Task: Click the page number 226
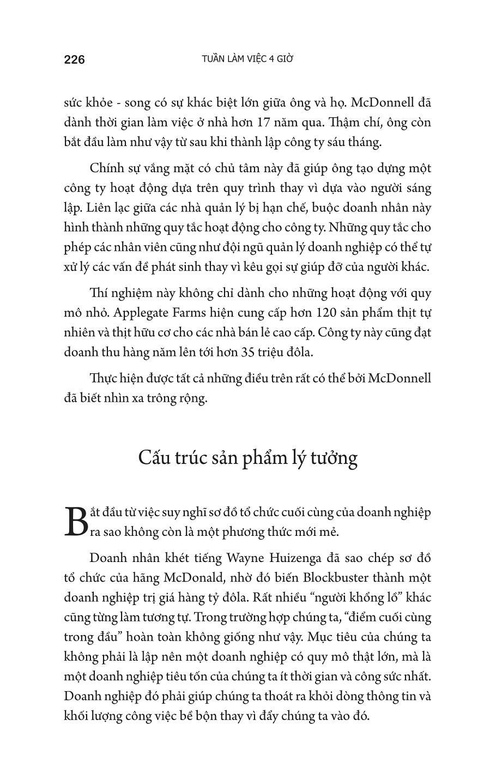(x=75, y=59)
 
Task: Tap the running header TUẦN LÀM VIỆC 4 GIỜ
(x=247, y=59)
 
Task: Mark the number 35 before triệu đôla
(x=249, y=352)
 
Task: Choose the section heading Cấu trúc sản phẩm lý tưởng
(x=247, y=457)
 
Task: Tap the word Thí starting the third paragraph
(x=99, y=293)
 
